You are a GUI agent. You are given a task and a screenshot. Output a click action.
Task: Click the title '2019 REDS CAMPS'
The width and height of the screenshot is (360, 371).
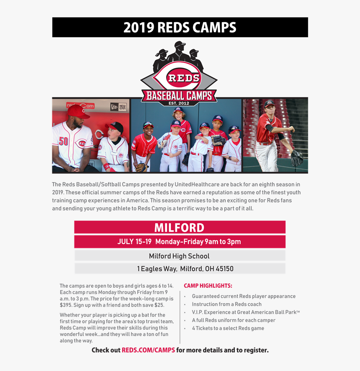pos(180,28)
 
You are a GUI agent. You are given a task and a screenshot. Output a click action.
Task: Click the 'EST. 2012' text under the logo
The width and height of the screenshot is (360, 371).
pos(179,103)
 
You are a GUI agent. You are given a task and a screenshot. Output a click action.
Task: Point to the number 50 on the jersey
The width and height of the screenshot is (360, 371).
pos(63,141)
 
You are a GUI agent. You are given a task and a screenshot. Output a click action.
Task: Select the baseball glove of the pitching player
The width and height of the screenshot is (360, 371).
pos(296,158)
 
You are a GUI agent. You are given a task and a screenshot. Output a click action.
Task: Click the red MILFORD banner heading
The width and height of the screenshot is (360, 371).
pos(179,227)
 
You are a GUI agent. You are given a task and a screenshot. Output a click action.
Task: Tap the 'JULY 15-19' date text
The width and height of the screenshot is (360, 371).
pos(134,242)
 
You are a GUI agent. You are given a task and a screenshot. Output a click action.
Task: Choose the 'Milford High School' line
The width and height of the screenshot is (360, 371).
pos(179,256)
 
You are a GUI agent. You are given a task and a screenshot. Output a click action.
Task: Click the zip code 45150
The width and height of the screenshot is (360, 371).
pos(224,269)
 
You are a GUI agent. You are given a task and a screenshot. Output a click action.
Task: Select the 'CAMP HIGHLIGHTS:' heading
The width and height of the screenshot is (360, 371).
pos(208,286)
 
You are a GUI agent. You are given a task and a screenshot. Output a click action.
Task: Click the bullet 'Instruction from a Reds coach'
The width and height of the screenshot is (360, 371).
pos(226,304)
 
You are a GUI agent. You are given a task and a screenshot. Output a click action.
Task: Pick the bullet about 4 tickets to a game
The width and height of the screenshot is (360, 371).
pos(228,328)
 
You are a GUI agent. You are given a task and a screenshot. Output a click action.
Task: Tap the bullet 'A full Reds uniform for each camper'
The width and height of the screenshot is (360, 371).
pos(234,320)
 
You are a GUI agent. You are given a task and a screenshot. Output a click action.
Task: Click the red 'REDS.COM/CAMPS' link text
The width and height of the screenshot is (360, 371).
pos(148,350)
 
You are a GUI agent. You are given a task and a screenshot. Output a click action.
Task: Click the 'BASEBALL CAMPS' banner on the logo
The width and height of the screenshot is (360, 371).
pos(179,95)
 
